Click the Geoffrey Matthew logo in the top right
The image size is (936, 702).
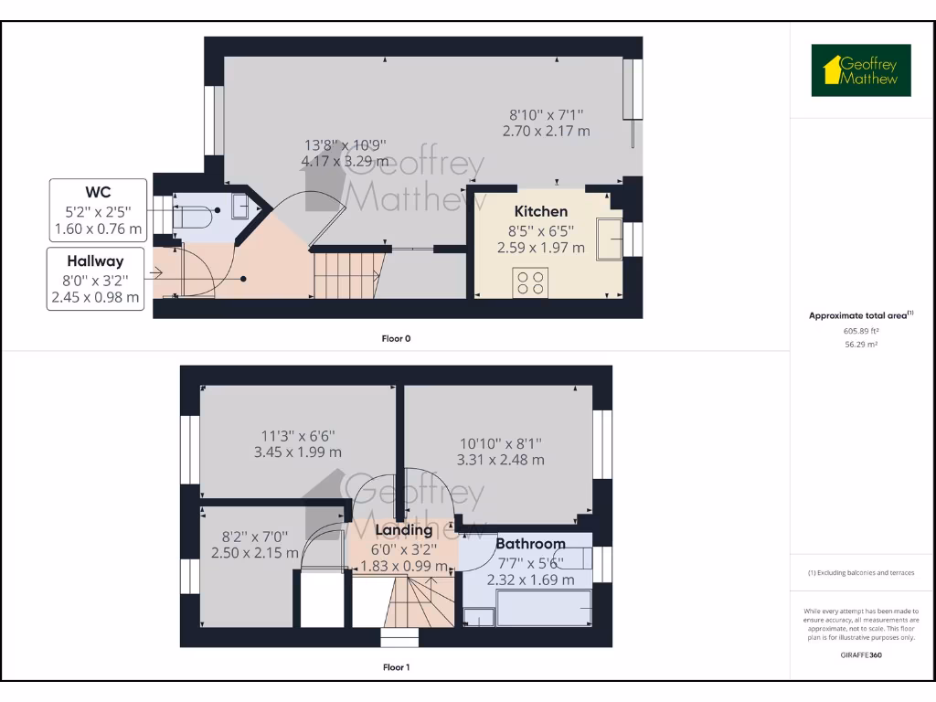[x=861, y=70]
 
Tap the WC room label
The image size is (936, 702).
[x=98, y=192]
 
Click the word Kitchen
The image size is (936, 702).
[x=541, y=211]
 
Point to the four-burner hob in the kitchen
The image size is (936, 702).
[x=530, y=282]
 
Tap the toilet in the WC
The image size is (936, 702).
[x=192, y=218]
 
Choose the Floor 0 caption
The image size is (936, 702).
[x=396, y=338]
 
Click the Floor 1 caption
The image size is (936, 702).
[x=396, y=667]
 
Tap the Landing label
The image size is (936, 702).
[x=404, y=530]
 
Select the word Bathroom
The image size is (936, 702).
[x=530, y=544]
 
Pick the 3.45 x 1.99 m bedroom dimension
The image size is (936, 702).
[x=298, y=452]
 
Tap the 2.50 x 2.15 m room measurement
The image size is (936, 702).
[x=255, y=553]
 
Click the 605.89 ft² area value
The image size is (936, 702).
[x=861, y=331]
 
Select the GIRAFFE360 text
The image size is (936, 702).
[x=861, y=654]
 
